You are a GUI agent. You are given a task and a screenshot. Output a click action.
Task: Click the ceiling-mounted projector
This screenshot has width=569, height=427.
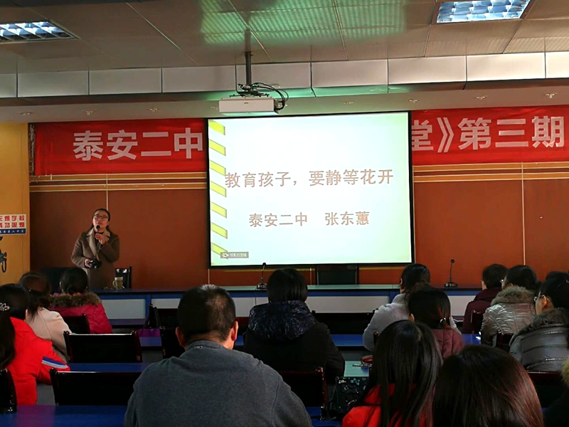(x=248, y=105)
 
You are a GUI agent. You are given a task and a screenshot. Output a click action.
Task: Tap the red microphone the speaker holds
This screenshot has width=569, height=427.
(x=98, y=230)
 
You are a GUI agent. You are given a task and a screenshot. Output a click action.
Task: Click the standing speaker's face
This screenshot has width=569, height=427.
(x=101, y=218)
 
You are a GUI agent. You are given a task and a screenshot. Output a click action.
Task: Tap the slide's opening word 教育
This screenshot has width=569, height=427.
(x=240, y=180)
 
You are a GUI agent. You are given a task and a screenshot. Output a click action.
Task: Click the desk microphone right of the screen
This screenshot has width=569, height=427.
(x=451, y=273)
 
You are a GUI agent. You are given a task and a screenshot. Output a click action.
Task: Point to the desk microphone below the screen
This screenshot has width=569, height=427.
(x=262, y=276)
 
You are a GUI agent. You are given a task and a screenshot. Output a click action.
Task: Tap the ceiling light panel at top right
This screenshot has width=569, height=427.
(x=483, y=10)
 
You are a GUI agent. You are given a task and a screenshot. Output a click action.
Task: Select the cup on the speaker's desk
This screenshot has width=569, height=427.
(x=118, y=283)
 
